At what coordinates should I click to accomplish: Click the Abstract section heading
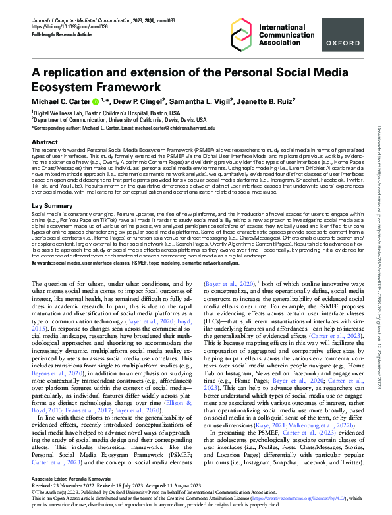click(x=44, y=142)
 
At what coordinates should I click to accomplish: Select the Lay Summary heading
click(x=53, y=207)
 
